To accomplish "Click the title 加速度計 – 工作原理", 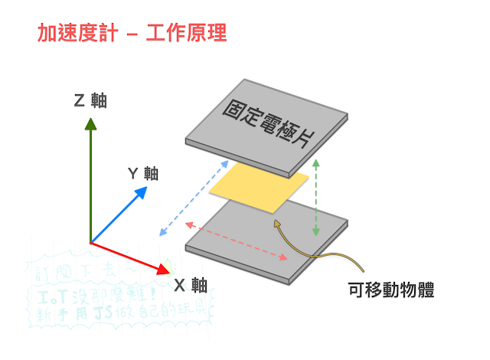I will (132, 34).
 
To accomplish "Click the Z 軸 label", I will (90, 100).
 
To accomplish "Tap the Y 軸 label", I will (142, 173).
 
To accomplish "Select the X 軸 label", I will (189, 286).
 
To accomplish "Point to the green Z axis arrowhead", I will (90, 123).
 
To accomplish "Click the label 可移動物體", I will (391, 290).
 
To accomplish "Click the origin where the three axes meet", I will (90, 243).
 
